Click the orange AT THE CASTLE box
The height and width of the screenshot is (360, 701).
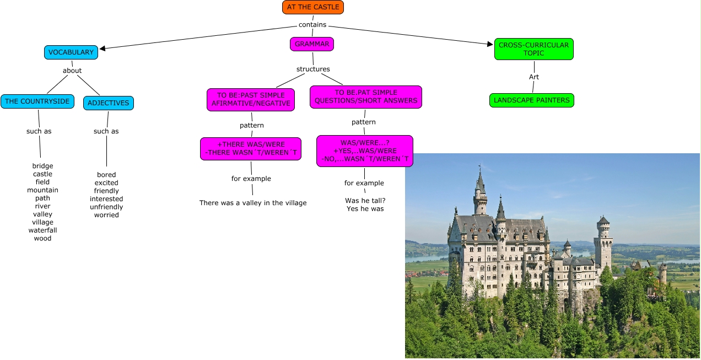[x=312, y=7]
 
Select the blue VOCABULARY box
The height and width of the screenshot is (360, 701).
[x=71, y=52]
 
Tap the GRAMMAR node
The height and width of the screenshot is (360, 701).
[x=312, y=44]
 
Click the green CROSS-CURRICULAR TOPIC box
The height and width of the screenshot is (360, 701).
[x=533, y=49]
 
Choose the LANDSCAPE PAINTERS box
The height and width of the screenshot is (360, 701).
[x=531, y=100]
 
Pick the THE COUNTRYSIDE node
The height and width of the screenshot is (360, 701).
[x=37, y=101]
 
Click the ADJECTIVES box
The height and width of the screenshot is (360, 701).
[x=108, y=103]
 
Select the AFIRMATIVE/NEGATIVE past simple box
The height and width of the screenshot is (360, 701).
[x=251, y=99]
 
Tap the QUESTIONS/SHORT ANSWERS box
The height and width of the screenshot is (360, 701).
[x=365, y=97]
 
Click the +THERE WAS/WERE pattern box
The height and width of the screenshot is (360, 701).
[x=251, y=149]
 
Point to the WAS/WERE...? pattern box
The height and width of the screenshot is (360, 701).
[x=364, y=151]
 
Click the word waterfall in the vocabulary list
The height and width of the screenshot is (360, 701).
[x=42, y=230]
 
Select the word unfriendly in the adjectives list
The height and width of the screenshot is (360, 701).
[x=106, y=207]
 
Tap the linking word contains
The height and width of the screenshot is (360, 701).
[x=312, y=25]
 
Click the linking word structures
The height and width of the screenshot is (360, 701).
[x=313, y=69]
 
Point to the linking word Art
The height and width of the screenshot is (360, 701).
[x=533, y=77]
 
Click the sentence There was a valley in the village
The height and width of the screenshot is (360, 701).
[x=253, y=203]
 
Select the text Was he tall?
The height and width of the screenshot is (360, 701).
[x=365, y=201]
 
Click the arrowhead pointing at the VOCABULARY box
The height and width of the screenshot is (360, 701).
[x=103, y=48]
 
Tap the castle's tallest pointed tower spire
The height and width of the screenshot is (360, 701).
[x=480, y=175]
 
